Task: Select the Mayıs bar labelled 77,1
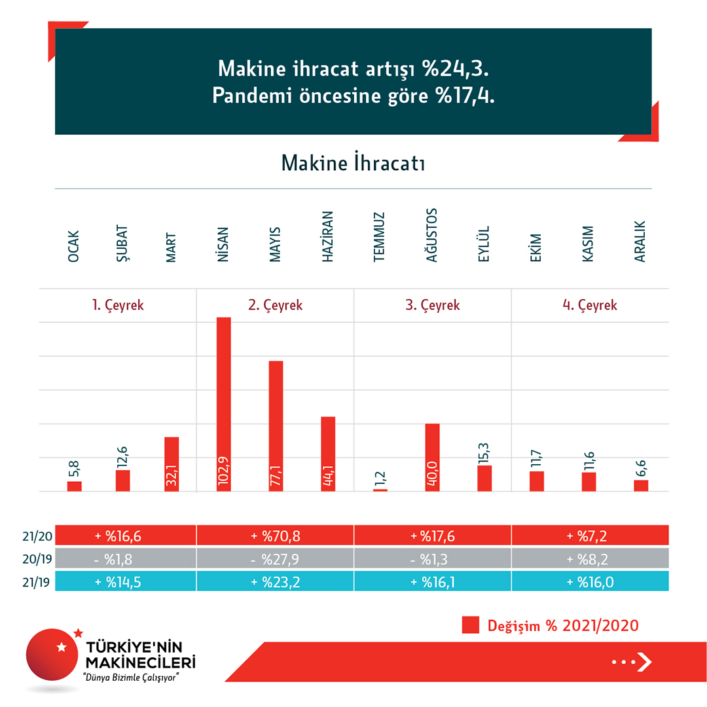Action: (276, 426)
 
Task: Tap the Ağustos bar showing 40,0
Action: (432, 457)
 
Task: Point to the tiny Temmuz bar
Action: (380, 490)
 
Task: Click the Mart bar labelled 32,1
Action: (172, 463)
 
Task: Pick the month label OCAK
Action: (73, 245)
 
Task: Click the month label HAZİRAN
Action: (328, 237)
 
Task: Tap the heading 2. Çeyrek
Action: (276, 305)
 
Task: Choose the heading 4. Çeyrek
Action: (590, 305)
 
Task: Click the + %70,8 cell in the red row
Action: (276, 535)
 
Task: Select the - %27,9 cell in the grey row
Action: (276, 558)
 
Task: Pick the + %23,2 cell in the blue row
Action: (276, 581)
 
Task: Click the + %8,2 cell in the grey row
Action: (590, 558)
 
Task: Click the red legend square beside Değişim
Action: (471, 625)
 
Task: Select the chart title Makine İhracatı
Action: (353, 163)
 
